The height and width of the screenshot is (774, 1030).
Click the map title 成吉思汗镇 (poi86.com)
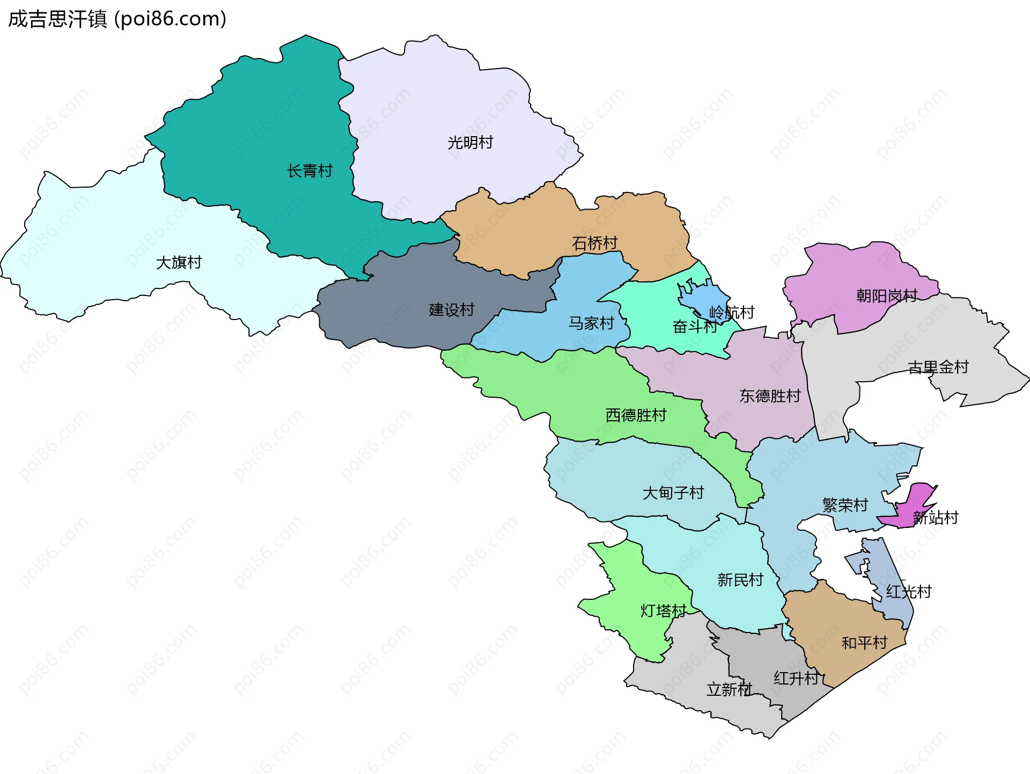117,19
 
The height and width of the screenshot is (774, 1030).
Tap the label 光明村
470,143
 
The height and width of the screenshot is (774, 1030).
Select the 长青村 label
310,171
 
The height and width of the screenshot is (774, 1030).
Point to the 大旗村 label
179,263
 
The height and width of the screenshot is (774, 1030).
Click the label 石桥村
594,244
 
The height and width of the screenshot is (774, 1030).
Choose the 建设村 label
452,310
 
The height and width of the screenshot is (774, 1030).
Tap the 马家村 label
591,323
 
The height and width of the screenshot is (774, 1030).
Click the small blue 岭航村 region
707,298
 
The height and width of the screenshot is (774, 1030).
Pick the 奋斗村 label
694,326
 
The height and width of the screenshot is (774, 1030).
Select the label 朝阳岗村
887,296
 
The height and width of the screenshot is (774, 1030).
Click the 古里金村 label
938,367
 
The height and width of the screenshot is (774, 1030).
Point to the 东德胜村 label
770,396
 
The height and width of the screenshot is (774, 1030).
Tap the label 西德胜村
636,415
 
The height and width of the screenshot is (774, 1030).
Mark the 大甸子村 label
673,493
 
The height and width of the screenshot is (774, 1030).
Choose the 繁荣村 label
845,505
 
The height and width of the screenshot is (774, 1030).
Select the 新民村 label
740,580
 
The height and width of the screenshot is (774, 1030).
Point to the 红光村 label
908,592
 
